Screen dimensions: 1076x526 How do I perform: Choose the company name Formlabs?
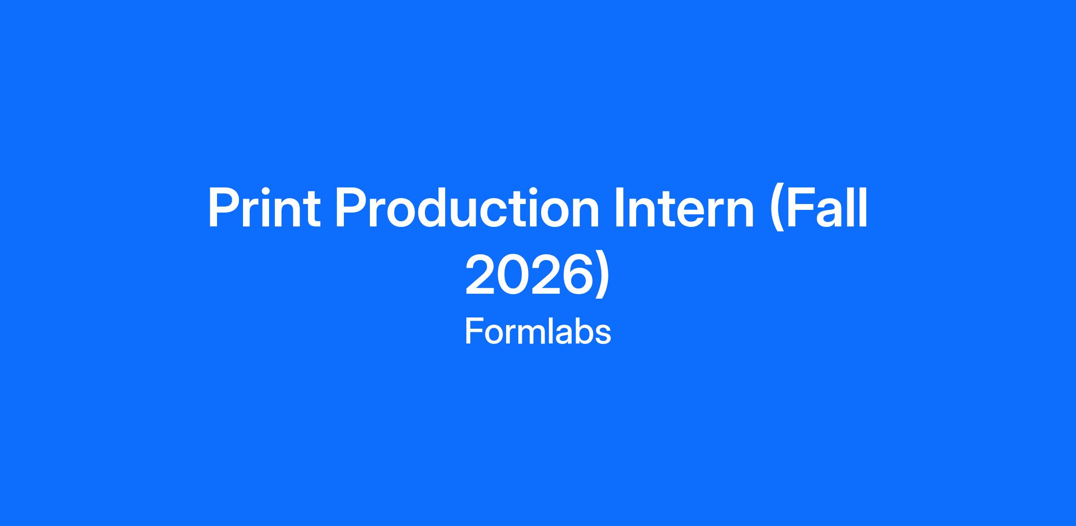(x=538, y=331)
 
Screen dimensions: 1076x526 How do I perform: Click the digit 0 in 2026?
(x=511, y=274)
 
